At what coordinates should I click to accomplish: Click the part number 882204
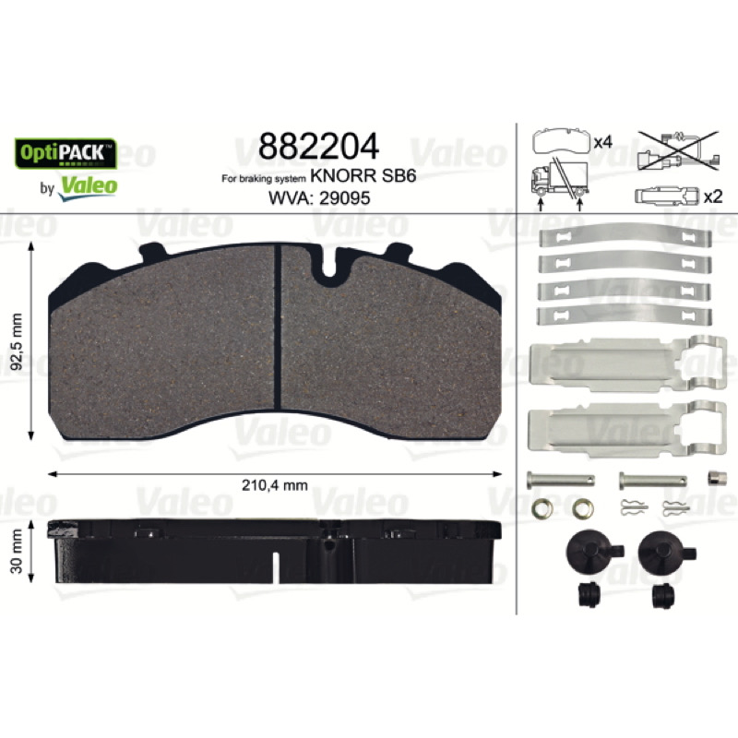point(318,147)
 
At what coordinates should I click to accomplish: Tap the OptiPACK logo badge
point(65,153)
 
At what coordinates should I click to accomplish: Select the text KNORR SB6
point(363,176)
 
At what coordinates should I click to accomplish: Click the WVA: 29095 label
point(319,198)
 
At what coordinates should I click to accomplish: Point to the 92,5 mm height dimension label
point(17,341)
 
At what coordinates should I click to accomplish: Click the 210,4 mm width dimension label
point(275,485)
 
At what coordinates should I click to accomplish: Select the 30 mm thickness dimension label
point(17,551)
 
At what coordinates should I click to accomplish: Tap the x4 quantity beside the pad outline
point(603,142)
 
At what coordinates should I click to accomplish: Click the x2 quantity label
point(713,196)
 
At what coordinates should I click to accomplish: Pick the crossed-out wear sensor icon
point(678,150)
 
